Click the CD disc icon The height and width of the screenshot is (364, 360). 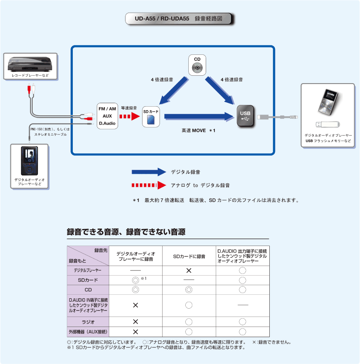coord(197,67)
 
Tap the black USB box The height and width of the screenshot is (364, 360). coord(245,116)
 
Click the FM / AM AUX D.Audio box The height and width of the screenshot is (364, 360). coord(107,116)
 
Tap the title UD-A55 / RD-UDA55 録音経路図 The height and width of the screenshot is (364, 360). coord(179,19)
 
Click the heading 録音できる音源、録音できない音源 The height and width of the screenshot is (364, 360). coord(126,232)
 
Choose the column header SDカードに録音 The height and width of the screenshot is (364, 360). coord(189,256)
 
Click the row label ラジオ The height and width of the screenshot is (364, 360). coord(88,322)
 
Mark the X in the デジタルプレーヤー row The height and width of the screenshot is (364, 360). coord(189,270)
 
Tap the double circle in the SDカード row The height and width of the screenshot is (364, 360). coord(135,280)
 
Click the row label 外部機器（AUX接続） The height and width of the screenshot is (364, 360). coord(88,332)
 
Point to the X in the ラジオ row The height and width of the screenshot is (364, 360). coord(135,322)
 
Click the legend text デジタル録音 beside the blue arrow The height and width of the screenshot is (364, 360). coord(186,172)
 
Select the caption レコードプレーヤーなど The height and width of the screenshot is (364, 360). coord(30,76)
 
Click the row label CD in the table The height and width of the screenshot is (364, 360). coord(88,290)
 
